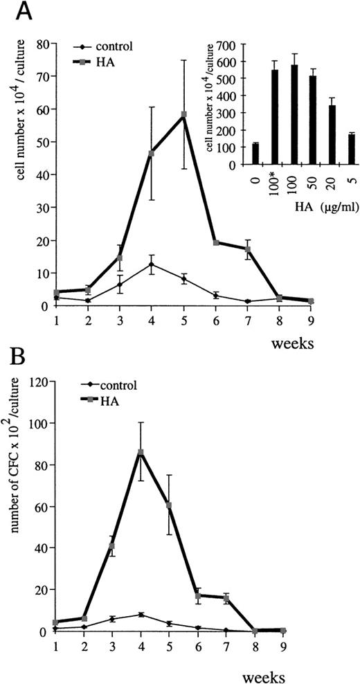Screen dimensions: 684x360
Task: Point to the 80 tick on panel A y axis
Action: (x=42, y=46)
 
